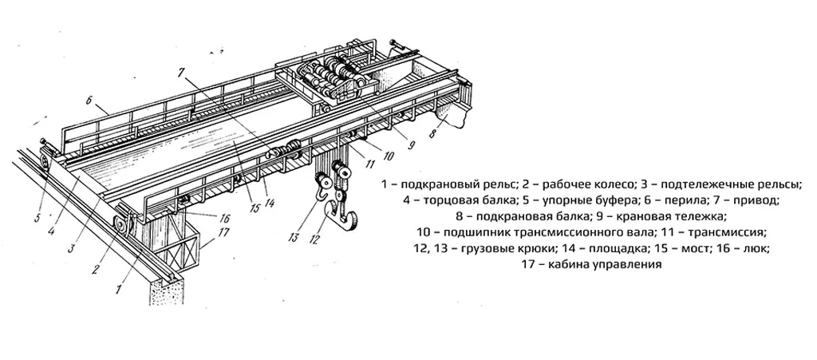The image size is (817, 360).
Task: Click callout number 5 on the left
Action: tap(37, 214)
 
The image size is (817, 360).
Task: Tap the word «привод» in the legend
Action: tap(755, 200)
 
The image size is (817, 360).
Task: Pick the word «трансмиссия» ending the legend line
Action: tap(730, 232)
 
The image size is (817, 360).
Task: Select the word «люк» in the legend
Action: tap(757, 249)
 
